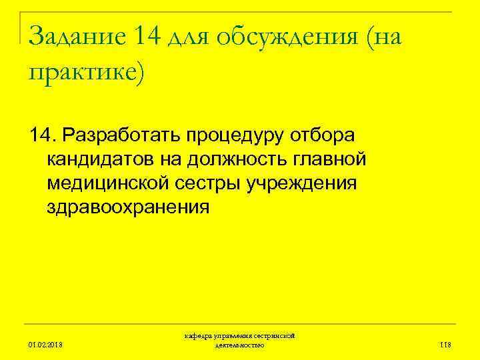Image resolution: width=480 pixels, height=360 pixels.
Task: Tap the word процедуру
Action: pos(244,136)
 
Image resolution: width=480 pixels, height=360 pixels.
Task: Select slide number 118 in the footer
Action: pos(445,345)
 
